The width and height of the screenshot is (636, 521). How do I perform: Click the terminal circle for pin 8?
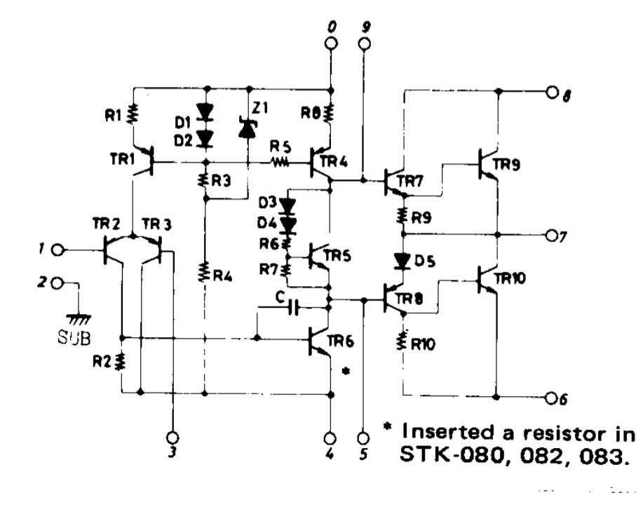pos(553,92)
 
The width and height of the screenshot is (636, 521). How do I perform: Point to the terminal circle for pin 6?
pos(553,398)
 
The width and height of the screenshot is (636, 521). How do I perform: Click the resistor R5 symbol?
pos(280,162)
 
